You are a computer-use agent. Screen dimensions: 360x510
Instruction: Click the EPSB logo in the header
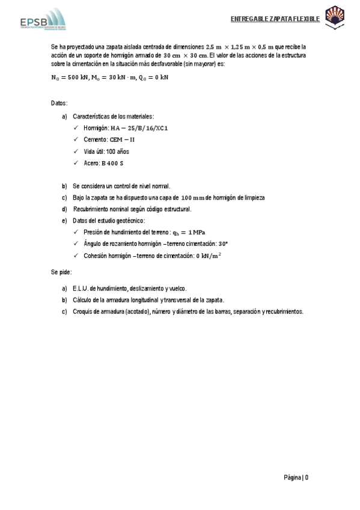click(41, 19)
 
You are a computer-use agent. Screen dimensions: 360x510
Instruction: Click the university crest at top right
click(334, 17)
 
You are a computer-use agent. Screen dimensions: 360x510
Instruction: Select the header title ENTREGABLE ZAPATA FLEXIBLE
click(275, 19)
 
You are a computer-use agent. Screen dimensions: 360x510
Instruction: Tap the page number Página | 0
click(296, 478)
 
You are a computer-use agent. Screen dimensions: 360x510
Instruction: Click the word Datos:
click(59, 103)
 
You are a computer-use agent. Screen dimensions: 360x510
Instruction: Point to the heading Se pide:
click(61, 272)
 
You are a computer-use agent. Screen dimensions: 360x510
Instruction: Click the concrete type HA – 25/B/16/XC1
click(139, 128)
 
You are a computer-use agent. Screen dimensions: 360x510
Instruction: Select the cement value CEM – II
click(122, 140)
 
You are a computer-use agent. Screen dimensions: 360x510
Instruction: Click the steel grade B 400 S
click(113, 163)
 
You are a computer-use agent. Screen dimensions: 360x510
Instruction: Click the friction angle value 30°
click(224, 244)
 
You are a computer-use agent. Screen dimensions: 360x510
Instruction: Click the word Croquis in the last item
click(84, 312)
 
